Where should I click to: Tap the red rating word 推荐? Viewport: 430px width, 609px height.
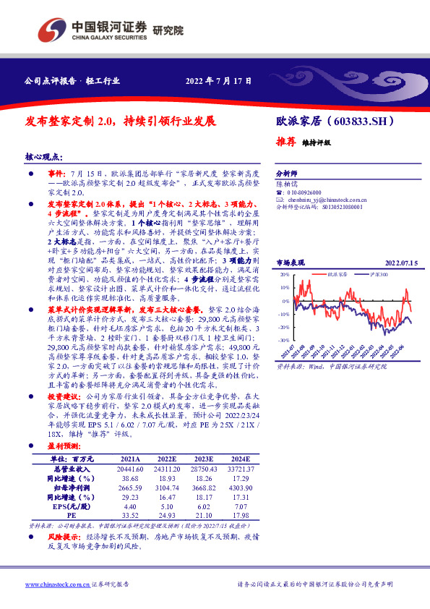288,142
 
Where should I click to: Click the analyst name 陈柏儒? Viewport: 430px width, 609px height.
287,184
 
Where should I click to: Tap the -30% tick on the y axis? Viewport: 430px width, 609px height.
283,338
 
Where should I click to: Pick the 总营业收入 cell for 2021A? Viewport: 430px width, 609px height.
131,469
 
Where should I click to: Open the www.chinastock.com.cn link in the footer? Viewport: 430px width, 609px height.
58,584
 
